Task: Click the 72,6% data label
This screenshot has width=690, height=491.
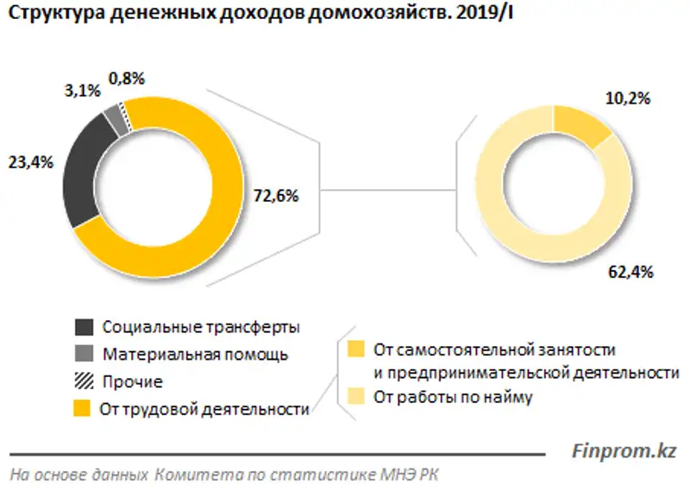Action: (x=275, y=196)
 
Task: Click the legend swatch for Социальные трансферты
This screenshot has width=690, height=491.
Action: (x=84, y=327)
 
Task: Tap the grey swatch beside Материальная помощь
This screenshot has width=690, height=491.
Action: (x=84, y=354)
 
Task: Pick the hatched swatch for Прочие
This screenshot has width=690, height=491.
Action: (x=84, y=381)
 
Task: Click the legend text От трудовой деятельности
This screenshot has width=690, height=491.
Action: (x=205, y=410)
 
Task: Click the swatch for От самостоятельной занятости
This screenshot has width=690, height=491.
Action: (x=355, y=350)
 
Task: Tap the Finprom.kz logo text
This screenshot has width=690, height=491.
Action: (x=624, y=450)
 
